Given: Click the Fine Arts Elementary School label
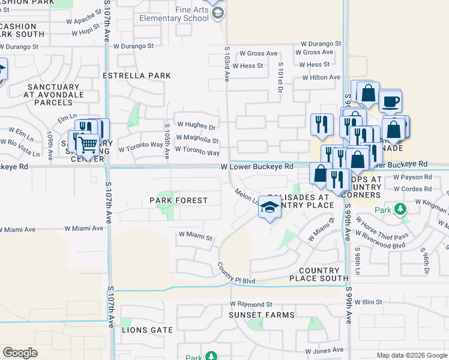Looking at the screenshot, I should point(173,14).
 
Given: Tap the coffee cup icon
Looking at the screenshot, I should point(390,101).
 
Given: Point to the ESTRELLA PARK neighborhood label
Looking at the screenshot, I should point(137,76).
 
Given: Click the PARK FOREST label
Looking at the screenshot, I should point(179,200).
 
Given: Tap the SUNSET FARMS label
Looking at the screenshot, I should point(261,315).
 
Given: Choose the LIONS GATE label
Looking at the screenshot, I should point(147,330).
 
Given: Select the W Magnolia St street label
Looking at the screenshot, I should point(197,140).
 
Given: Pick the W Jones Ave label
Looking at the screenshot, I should point(324,350).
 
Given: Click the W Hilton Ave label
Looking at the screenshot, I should point(321,77).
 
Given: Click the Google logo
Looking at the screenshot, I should point(20,353).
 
